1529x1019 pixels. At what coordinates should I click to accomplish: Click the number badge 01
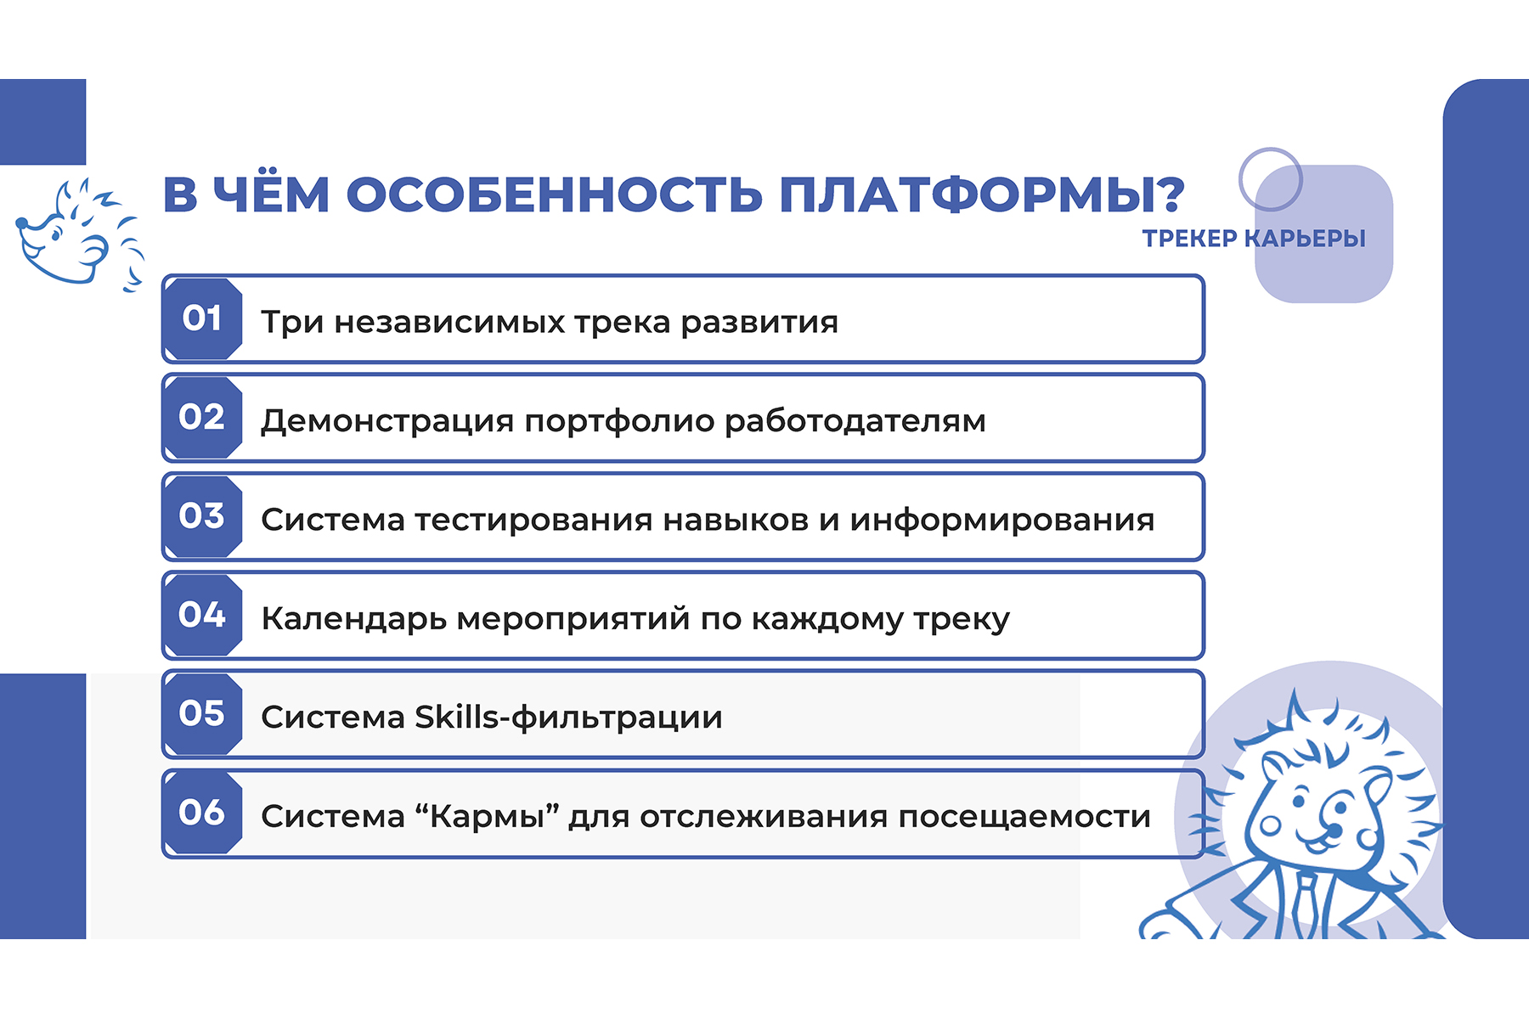[203, 318]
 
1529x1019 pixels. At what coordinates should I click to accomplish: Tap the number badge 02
[203, 418]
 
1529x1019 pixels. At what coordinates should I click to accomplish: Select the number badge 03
[203, 516]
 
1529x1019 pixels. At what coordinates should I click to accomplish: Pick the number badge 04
[203, 615]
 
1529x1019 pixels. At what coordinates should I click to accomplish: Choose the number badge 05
[203, 714]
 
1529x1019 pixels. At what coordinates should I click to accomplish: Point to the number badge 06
[203, 813]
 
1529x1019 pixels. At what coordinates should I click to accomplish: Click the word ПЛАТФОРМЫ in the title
[981, 194]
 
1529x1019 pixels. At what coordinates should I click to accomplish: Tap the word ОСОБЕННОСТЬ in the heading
[554, 194]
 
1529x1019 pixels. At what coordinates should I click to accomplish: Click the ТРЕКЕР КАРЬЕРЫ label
[1254, 239]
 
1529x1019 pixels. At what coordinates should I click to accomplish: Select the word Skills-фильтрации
[568, 718]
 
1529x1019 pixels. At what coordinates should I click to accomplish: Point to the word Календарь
[354, 620]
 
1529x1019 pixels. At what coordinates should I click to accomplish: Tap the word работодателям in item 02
[855, 421]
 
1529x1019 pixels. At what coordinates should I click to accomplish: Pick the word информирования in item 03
[1002, 521]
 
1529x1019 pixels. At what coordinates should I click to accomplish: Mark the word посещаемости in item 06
[1024, 817]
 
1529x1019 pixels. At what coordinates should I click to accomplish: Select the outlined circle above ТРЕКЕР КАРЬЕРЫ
[1271, 179]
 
